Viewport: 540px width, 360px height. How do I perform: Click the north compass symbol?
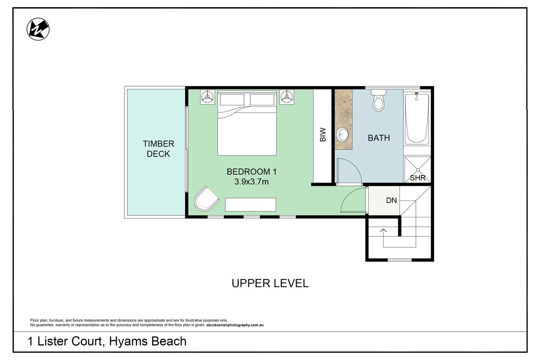click(38, 29)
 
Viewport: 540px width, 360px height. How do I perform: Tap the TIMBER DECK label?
click(158, 149)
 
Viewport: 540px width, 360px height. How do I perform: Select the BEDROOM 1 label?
click(251, 172)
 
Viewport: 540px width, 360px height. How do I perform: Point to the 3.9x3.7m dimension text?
click(251, 181)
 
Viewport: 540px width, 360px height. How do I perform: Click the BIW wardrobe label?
click(323, 135)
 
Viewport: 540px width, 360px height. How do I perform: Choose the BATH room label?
click(379, 138)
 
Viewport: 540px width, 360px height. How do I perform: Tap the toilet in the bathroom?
click(378, 100)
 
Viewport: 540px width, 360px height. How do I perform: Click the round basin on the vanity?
click(342, 135)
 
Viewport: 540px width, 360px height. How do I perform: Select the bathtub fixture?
click(417, 118)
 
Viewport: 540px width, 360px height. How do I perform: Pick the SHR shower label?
click(418, 178)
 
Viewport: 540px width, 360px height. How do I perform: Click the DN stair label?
click(391, 200)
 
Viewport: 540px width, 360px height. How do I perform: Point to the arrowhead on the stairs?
click(383, 230)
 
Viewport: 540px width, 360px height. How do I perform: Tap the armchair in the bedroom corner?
click(207, 199)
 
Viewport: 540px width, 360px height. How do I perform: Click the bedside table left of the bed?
click(207, 97)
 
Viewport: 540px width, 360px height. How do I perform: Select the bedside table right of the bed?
click(286, 97)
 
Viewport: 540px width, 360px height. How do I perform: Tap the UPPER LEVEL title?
click(270, 283)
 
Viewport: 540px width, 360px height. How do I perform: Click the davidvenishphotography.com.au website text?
click(235, 325)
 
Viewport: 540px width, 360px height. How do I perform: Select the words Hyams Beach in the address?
click(148, 341)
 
